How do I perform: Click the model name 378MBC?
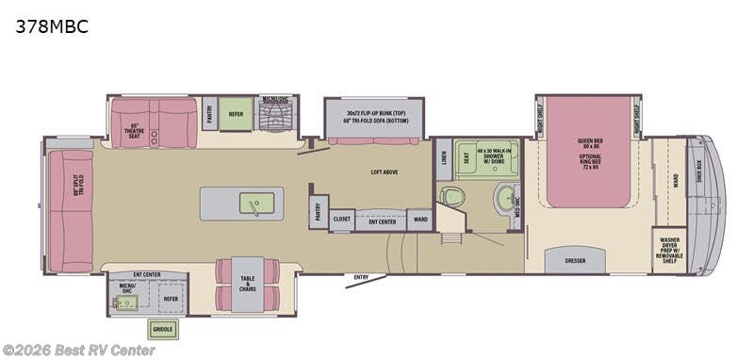click(52, 27)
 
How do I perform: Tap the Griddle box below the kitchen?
click(162, 329)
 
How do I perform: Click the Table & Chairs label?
click(247, 283)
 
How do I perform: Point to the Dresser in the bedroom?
click(574, 260)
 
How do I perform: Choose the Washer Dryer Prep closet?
click(669, 251)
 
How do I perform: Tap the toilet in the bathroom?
click(452, 197)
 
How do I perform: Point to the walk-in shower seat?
click(464, 158)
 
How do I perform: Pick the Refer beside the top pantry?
click(237, 113)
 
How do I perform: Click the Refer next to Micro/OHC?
click(171, 299)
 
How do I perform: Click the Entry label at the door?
click(361, 277)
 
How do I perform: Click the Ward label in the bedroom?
click(676, 179)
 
